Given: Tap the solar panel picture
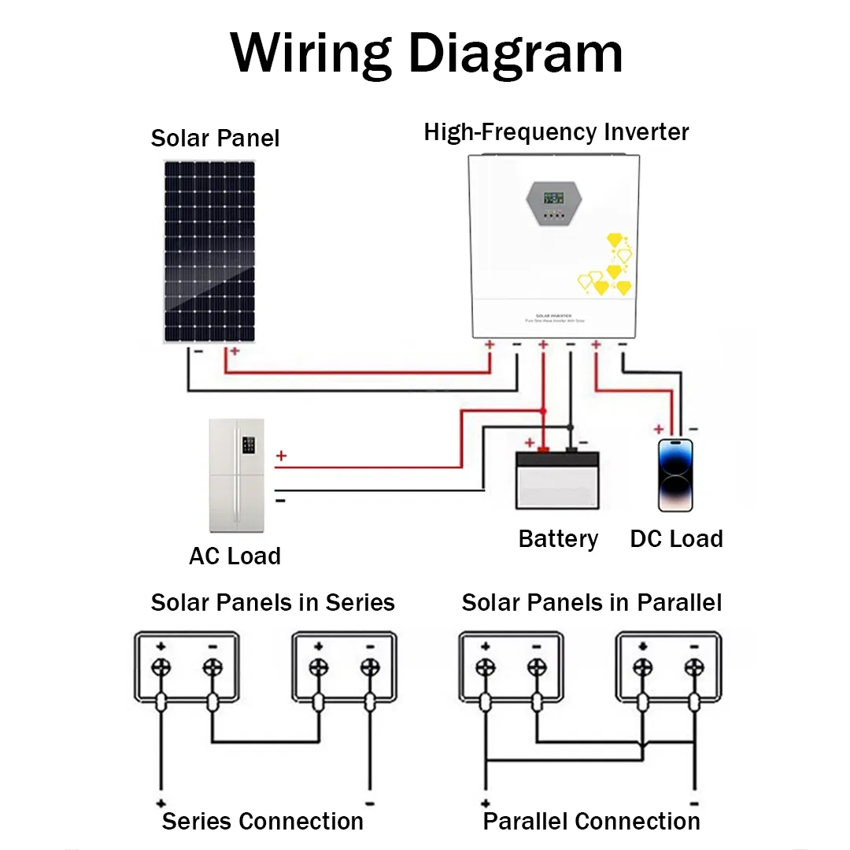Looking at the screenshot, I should click(x=209, y=252).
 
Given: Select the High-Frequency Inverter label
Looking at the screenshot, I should click(x=556, y=131).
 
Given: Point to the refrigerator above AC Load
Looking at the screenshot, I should click(x=236, y=475).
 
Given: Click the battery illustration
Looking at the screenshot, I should click(x=557, y=480).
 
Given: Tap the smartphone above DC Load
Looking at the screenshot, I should click(x=678, y=475).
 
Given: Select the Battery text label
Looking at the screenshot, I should click(x=558, y=539).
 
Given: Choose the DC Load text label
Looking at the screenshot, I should click(x=676, y=539).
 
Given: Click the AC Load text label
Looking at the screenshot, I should click(x=235, y=556).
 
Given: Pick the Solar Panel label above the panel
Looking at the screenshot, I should click(x=215, y=139).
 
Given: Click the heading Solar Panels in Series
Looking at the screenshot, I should click(x=272, y=603).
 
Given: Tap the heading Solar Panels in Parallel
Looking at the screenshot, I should click(x=591, y=603).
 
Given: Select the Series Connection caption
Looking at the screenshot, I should click(x=263, y=821).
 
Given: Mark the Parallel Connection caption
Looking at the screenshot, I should click(x=591, y=821).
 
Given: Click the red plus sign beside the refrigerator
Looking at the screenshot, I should click(x=281, y=456).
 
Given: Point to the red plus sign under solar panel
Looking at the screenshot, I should click(x=234, y=351).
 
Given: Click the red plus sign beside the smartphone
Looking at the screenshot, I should click(x=659, y=429).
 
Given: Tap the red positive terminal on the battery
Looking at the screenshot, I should click(x=542, y=450).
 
